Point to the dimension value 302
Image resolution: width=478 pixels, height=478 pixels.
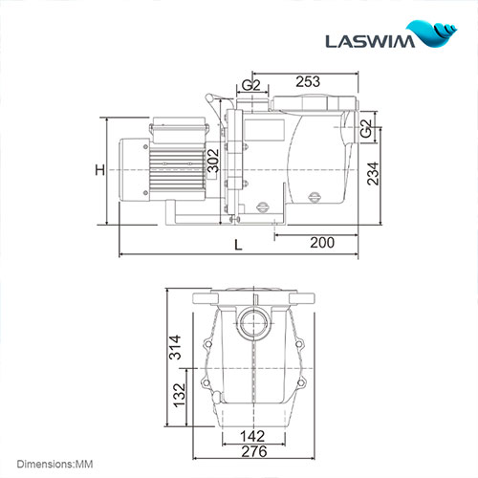pyautogui.click(x=213, y=161)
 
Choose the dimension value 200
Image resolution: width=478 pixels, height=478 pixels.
pyautogui.click(x=322, y=243)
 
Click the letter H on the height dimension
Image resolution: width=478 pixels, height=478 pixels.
pyautogui.click(x=98, y=170)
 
